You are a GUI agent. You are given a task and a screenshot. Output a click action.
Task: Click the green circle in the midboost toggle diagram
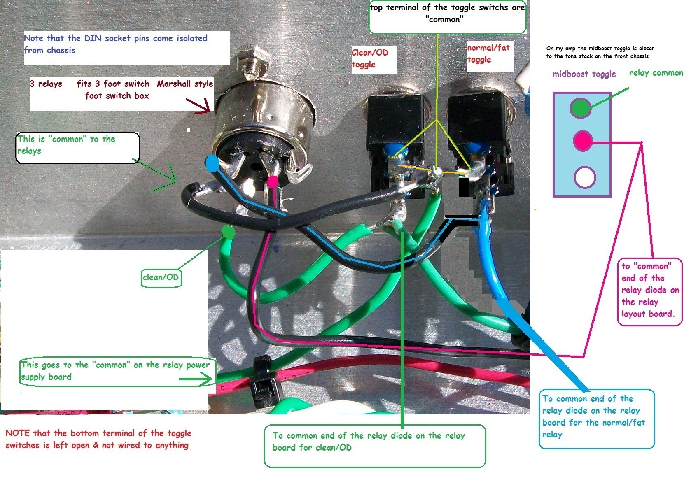(x=581, y=108)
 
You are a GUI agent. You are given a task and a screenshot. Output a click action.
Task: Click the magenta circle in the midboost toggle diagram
(x=583, y=141)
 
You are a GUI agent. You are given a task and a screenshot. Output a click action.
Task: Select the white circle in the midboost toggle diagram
(x=585, y=177)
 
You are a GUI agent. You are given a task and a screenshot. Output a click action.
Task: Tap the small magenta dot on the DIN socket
(x=273, y=181)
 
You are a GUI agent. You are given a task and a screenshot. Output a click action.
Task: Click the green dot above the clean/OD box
(x=229, y=232)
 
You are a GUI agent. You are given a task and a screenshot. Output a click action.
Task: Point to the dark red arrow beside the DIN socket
(x=198, y=106)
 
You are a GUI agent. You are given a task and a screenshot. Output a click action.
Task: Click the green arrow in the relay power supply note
(x=196, y=379)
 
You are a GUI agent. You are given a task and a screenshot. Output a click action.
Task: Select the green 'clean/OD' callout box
(x=161, y=277)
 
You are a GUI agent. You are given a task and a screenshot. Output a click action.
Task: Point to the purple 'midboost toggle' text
(x=584, y=74)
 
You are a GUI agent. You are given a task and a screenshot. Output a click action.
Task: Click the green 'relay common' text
(x=656, y=73)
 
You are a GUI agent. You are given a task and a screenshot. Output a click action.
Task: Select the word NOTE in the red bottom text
(x=18, y=433)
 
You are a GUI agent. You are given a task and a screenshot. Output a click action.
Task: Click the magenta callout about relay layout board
(x=649, y=292)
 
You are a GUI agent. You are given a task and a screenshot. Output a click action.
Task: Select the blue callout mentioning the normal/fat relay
(x=596, y=419)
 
